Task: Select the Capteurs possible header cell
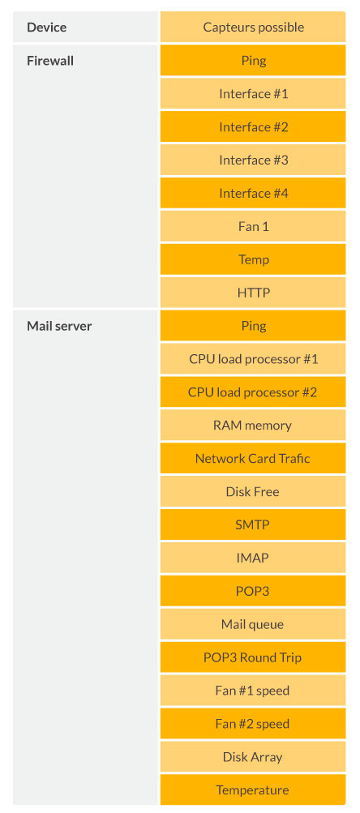click(253, 27)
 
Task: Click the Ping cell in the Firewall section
click(253, 60)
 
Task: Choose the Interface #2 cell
click(253, 126)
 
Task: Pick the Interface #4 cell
click(253, 193)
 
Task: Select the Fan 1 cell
click(253, 226)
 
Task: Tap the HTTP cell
click(253, 293)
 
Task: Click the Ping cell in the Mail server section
click(253, 326)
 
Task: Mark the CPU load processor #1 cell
click(253, 359)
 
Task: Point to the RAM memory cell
click(253, 426)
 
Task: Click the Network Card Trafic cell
click(253, 458)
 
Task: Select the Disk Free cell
click(253, 491)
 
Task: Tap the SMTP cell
click(253, 524)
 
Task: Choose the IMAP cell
click(253, 558)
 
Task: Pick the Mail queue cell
click(253, 624)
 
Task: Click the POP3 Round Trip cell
click(253, 657)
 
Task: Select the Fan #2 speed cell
click(253, 724)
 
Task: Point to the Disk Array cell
click(253, 757)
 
